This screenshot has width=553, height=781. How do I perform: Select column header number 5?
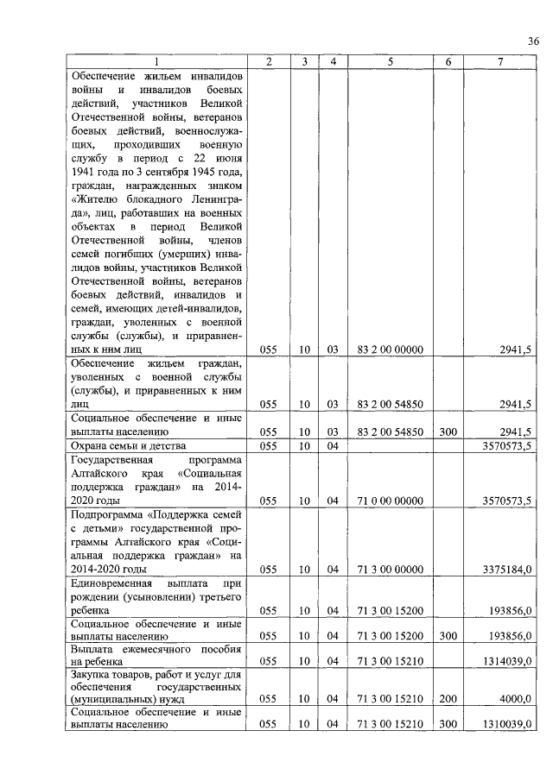[x=390, y=62]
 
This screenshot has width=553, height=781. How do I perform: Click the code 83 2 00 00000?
[x=390, y=350]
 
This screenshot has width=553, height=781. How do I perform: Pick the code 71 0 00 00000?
[x=390, y=500]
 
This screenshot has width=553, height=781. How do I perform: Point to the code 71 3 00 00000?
[x=390, y=569]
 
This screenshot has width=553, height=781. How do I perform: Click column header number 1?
[x=156, y=62]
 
